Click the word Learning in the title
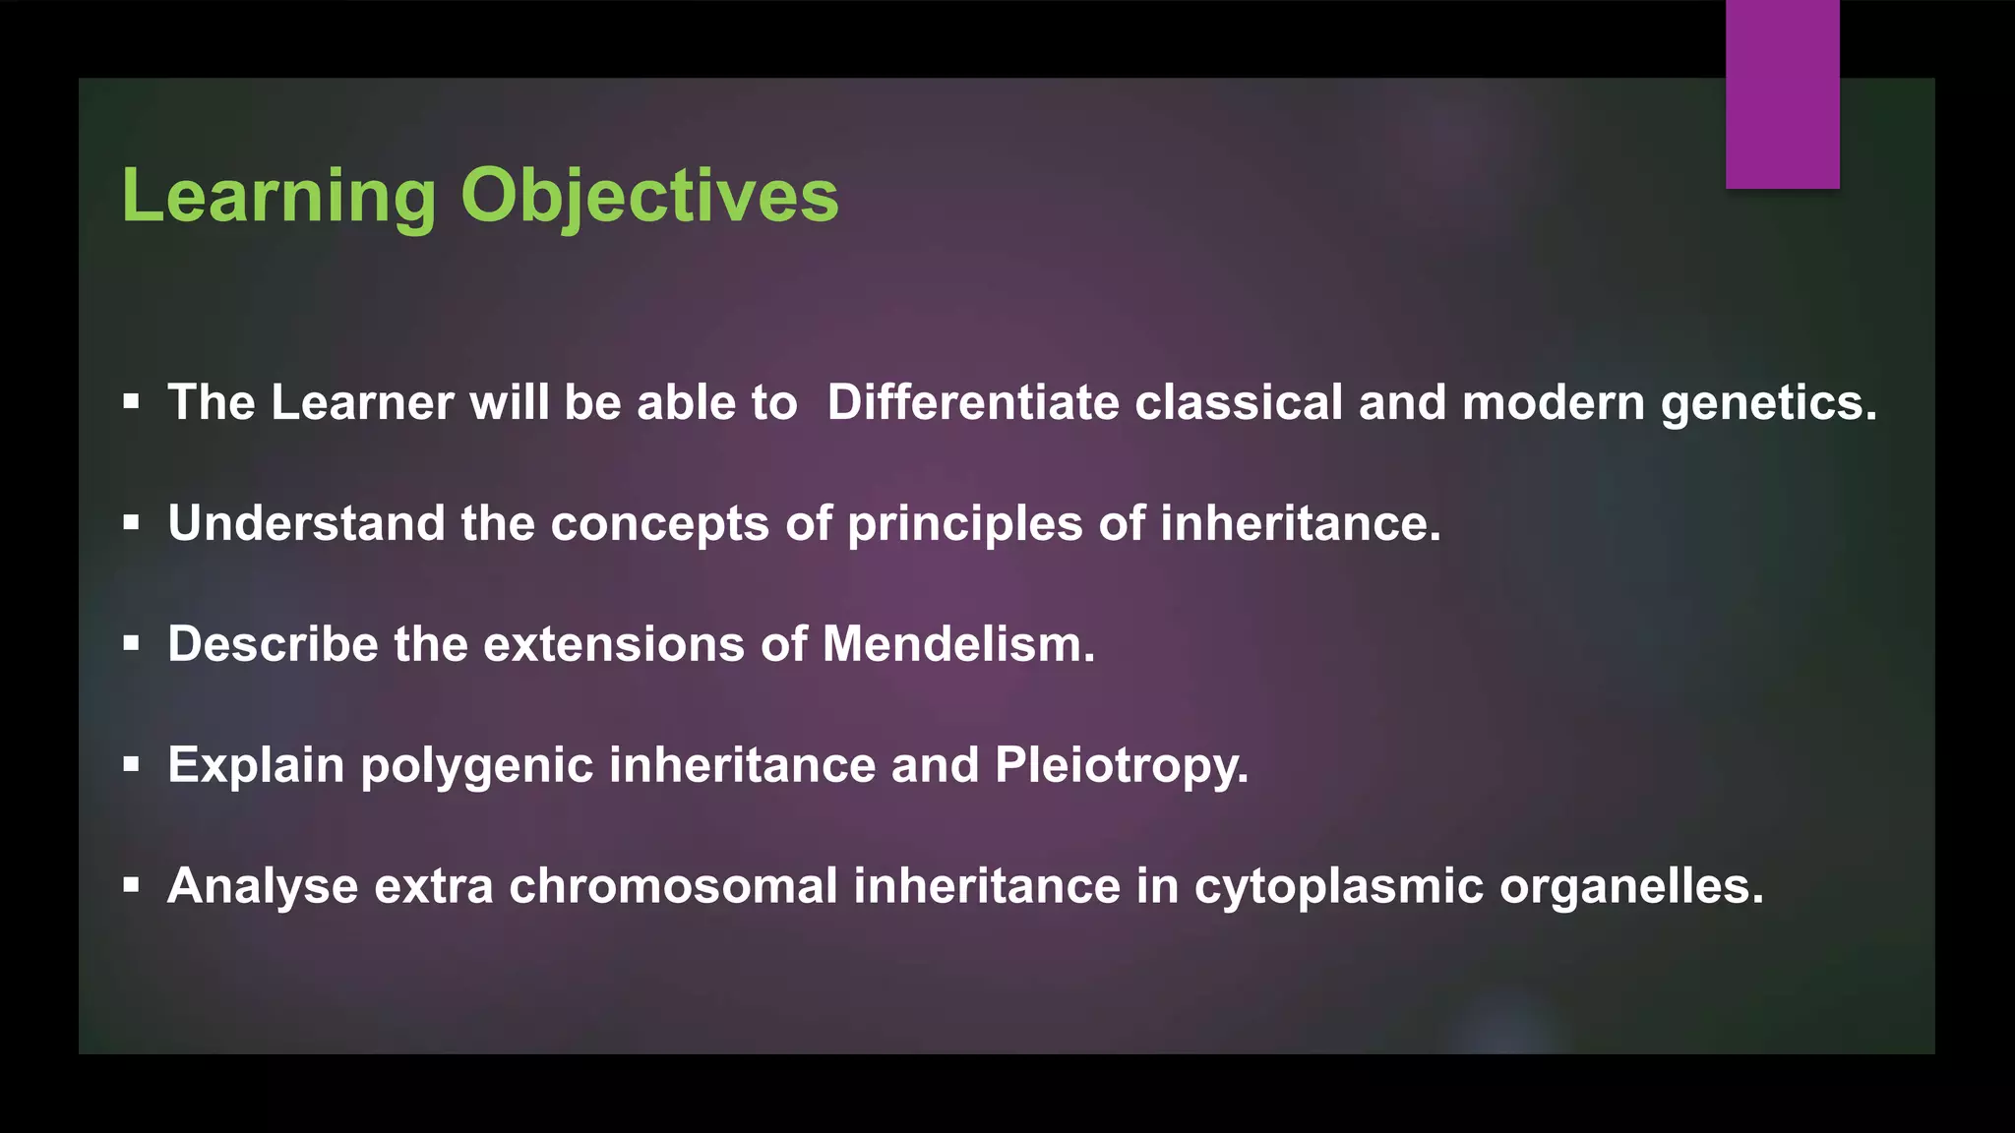point(278,197)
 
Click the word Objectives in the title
point(649,197)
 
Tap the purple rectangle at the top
point(1782,94)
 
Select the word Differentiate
point(972,403)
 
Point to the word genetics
point(1768,403)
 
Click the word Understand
point(306,523)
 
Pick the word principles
point(964,523)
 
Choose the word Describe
point(273,645)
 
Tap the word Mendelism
point(957,645)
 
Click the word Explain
point(256,765)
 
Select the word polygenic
point(476,767)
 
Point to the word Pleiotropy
point(1121,765)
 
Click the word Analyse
point(263,886)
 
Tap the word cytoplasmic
point(1338,886)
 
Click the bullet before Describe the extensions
point(131,644)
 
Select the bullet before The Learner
point(131,402)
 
